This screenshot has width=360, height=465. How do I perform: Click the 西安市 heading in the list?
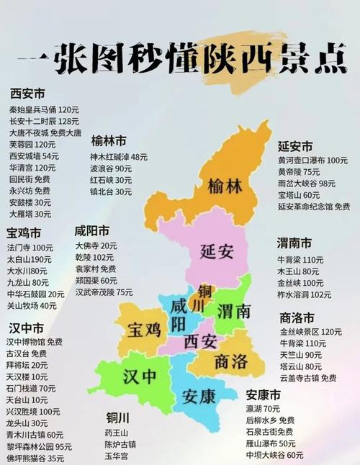click(27, 94)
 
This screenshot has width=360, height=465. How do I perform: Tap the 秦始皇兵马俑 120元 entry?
click(43, 109)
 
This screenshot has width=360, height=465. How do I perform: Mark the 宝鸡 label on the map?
click(145, 330)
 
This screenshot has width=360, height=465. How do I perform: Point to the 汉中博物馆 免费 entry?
click(35, 342)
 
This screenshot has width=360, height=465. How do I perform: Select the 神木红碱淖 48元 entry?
click(118, 156)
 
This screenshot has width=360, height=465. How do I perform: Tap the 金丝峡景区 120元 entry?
click(310, 332)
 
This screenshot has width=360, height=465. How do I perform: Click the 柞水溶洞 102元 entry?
click(305, 294)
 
